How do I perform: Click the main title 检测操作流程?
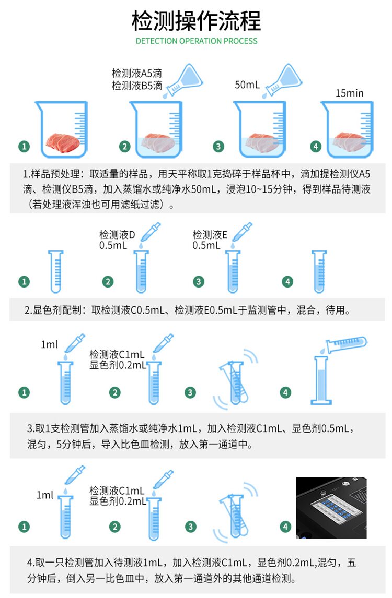coord(196,20)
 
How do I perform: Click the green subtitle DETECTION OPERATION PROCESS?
coord(197,41)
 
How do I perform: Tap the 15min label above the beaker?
coord(349,93)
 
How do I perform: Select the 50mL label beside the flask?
coord(247,85)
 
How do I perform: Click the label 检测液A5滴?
coord(137,73)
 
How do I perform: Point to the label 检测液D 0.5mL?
coord(117,240)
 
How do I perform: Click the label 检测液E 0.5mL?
coord(210,240)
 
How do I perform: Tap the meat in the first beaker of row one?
coord(63,142)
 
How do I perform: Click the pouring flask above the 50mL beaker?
coord(283,80)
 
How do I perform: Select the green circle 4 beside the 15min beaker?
coord(316,146)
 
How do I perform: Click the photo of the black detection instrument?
coord(331,508)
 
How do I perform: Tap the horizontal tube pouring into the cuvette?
coord(345,344)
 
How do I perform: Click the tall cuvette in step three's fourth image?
coord(321,380)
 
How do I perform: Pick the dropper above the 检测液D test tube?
coord(151,233)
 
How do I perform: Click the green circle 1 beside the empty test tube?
coord(24,281)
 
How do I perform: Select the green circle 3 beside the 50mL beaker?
coord(218,146)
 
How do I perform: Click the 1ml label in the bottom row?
coord(45,495)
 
